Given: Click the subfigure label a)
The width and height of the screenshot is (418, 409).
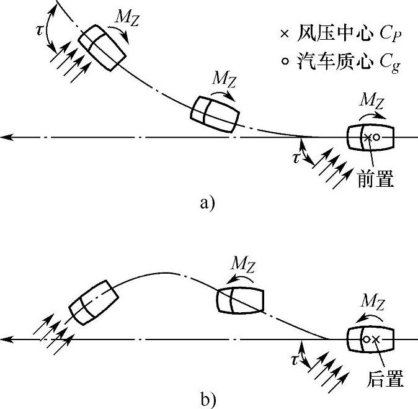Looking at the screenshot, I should pos(206,204).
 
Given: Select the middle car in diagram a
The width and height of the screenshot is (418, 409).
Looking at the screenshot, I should pos(215,113).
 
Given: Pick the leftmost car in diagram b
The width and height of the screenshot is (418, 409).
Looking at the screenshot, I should pos(92,301).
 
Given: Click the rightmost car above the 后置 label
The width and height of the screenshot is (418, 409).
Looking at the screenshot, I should pos(370,339).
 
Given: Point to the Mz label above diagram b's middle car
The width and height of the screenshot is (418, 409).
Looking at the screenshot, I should pos(242,264).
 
